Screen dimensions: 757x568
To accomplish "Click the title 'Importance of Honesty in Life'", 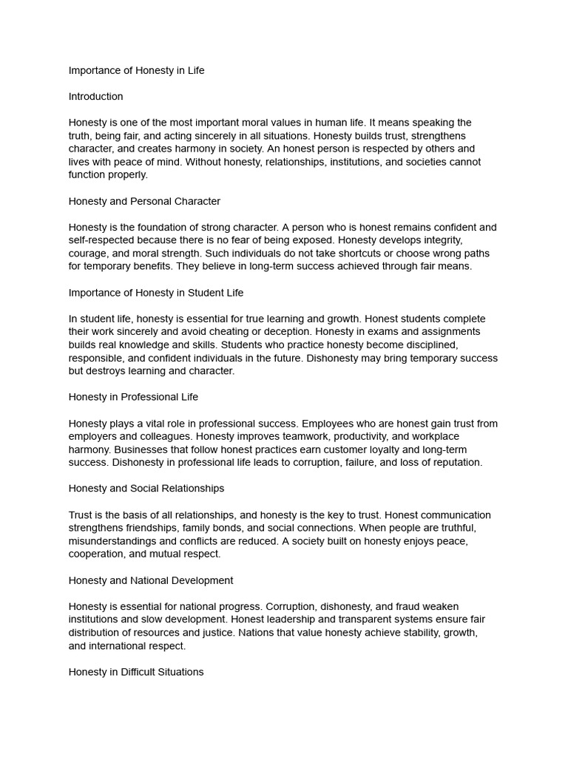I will pyautogui.click(x=136, y=71).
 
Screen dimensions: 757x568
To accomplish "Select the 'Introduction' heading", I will pyautogui.click(x=95, y=97).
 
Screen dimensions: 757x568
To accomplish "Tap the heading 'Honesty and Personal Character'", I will pyautogui.click(x=144, y=201).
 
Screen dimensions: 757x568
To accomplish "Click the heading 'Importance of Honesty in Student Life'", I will pyautogui.click(x=156, y=293).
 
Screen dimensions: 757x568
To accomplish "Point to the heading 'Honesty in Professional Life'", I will pyautogui.click(x=133, y=397).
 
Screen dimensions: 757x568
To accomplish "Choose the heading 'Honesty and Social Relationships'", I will pyautogui.click(x=146, y=489).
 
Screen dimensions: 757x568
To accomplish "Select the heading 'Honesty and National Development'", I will pyautogui.click(x=151, y=580).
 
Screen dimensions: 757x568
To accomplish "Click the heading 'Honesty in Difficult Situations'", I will pyautogui.click(x=136, y=672).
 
